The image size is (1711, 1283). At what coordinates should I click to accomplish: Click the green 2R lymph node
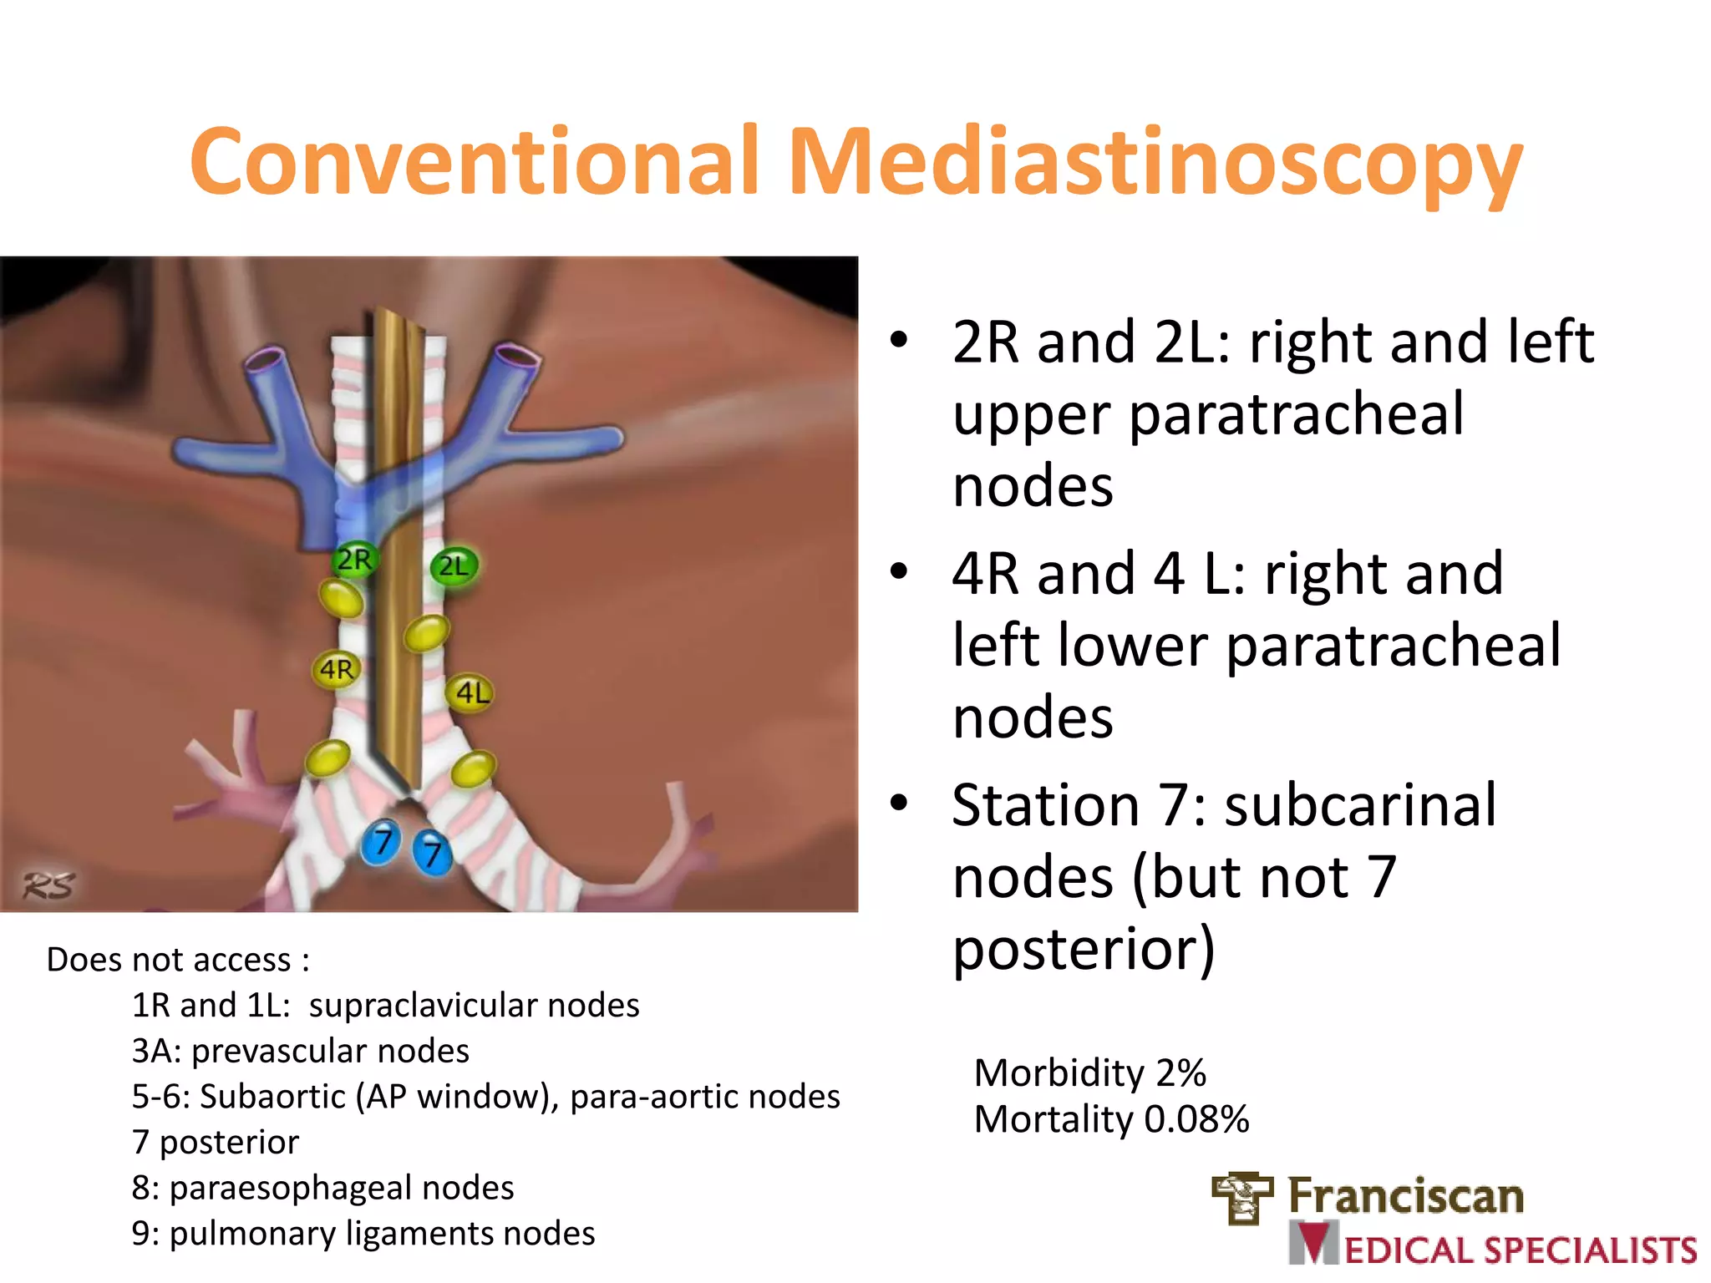click(354, 559)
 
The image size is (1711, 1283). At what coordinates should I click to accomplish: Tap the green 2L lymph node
click(454, 566)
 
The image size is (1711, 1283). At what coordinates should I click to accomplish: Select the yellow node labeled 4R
click(337, 669)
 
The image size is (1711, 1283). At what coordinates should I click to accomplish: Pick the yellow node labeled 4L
click(472, 692)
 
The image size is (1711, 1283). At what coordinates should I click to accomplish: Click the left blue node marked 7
click(382, 842)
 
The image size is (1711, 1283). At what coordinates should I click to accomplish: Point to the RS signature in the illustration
click(48, 885)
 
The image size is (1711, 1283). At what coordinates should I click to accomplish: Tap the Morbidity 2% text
click(1089, 1073)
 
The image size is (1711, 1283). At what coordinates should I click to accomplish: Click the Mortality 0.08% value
click(1196, 1119)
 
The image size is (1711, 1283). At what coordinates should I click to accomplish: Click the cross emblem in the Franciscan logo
click(1243, 1198)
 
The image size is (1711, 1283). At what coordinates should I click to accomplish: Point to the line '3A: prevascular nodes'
click(301, 1051)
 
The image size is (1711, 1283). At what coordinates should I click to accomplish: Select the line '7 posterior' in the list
click(216, 1142)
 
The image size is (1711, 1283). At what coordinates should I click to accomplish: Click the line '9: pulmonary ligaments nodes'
click(363, 1234)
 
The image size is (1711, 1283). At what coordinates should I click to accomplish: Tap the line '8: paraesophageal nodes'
click(322, 1188)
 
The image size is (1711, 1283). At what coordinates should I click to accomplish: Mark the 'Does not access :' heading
click(178, 960)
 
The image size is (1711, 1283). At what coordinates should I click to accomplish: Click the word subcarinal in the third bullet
click(1361, 805)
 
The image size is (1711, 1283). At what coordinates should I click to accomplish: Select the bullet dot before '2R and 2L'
click(898, 341)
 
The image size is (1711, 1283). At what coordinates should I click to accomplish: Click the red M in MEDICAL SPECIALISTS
click(1314, 1244)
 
